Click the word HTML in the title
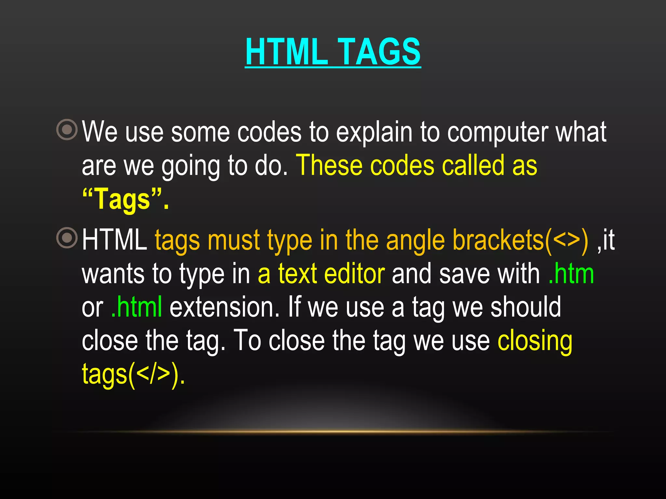[286, 52]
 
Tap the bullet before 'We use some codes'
[67, 130]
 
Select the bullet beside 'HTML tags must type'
[67, 238]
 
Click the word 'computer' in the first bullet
[497, 133]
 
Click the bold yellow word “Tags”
[122, 199]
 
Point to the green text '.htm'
[571, 274]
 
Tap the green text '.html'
[137, 307]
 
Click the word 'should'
[526, 307]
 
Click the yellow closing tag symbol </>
[153, 374]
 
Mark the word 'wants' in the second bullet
[113, 275]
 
